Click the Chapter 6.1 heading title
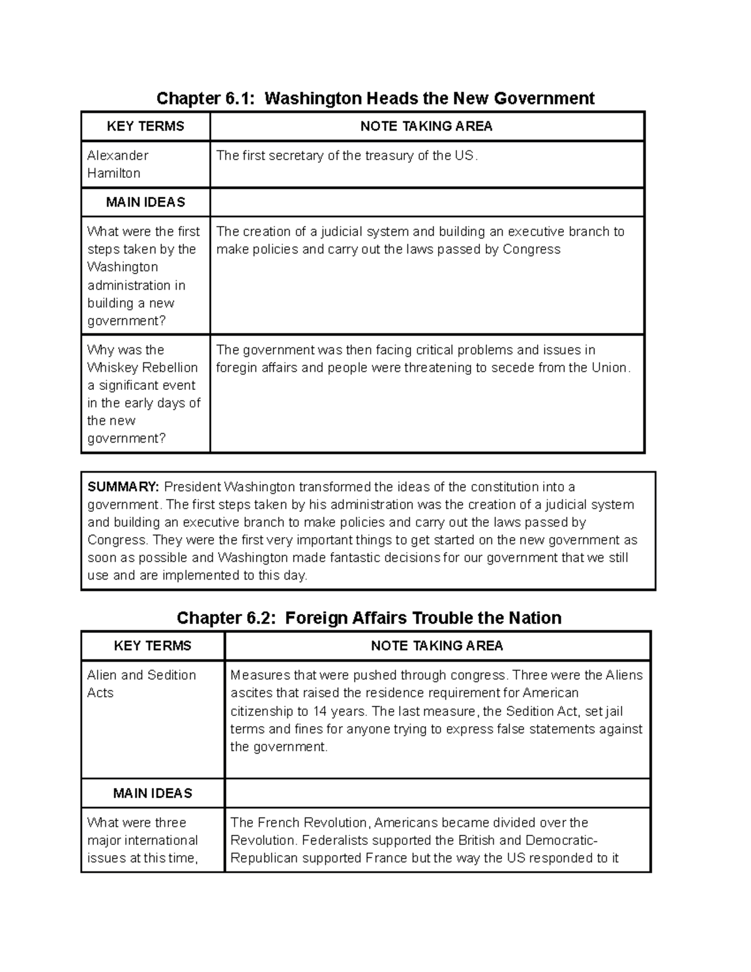[375, 98]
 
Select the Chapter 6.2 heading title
[369, 618]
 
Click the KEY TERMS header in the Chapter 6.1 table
[145, 126]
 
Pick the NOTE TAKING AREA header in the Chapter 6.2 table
[437, 646]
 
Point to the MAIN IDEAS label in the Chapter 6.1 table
[145, 202]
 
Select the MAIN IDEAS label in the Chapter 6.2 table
[152, 793]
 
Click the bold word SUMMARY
[123, 487]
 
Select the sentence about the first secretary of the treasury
[347, 156]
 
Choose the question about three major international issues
[142, 840]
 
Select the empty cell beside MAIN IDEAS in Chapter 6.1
[427, 202]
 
